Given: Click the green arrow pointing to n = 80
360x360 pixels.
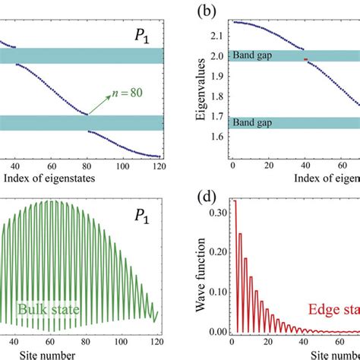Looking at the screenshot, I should tap(99, 106).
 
